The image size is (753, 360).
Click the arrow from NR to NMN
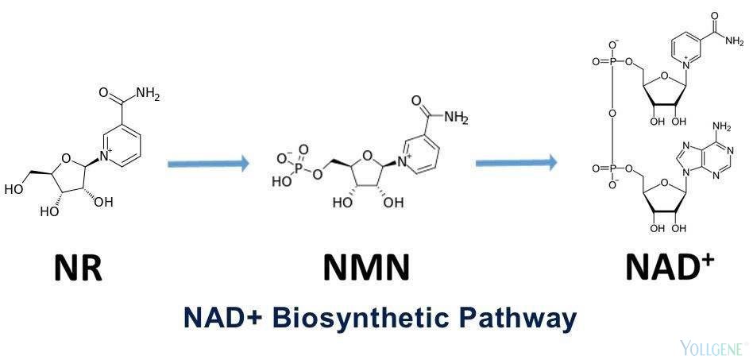coord(208,164)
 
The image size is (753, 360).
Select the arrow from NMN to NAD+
coord(516,164)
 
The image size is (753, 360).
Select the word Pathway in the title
coord(521,319)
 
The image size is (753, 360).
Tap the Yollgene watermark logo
coord(713,346)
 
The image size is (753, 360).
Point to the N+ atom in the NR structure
coord(106,155)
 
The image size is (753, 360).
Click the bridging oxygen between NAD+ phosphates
coord(612,114)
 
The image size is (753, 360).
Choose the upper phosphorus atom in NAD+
coord(612,62)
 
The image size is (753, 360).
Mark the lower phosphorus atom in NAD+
coord(612,168)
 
